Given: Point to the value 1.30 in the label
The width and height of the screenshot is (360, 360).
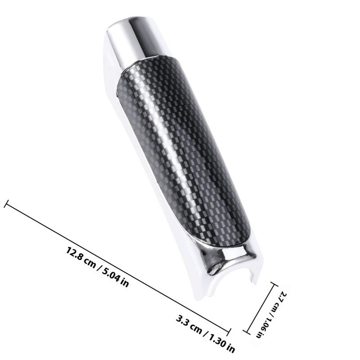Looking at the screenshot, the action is click(216, 339).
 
